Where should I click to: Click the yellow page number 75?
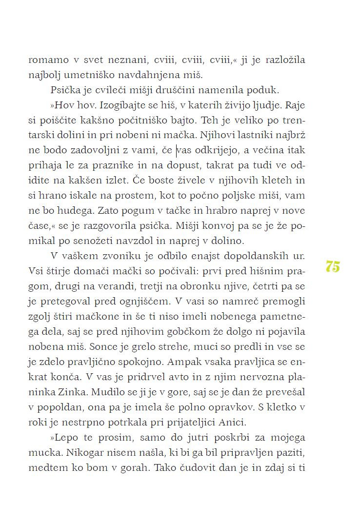tap(332, 267)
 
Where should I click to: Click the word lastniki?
tap(242, 136)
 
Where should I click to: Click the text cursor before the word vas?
tap(177, 150)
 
